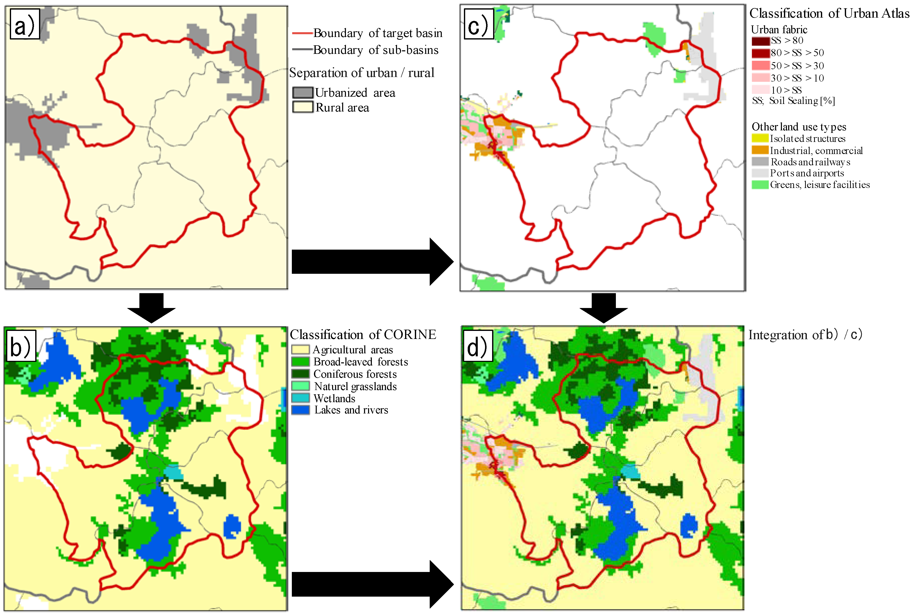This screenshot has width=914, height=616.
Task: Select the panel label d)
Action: click(x=477, y=346)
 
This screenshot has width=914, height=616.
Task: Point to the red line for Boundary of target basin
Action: click(x=302, y=33)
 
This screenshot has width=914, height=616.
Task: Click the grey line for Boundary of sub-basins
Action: click(x=302, y=50)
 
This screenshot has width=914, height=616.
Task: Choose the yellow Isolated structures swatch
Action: click(x=760, y=138)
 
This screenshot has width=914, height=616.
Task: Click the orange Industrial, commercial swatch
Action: click(x=760, y=150)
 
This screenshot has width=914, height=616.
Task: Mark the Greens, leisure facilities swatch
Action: click(x=760, y=185)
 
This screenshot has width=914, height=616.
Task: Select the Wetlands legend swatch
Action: click(x=300, y=398)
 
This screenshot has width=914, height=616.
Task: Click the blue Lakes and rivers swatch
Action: click(x=300, y=410)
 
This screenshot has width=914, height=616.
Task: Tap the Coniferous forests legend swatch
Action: click(x=300, y=374)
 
